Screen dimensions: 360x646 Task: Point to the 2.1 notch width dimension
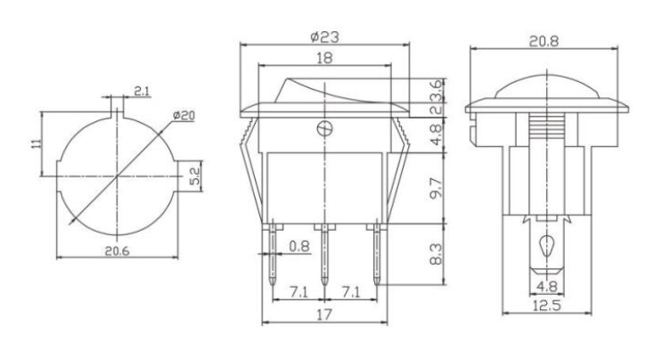pyautogui.click(x=141, y=92)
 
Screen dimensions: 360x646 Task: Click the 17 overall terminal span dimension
pyautogui.click(x=325, y=315)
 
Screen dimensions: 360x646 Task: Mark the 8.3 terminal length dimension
pyautogui.click(x=434, y=256)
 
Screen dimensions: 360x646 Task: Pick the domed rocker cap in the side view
pyautogui.click(x=544, y=89)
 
